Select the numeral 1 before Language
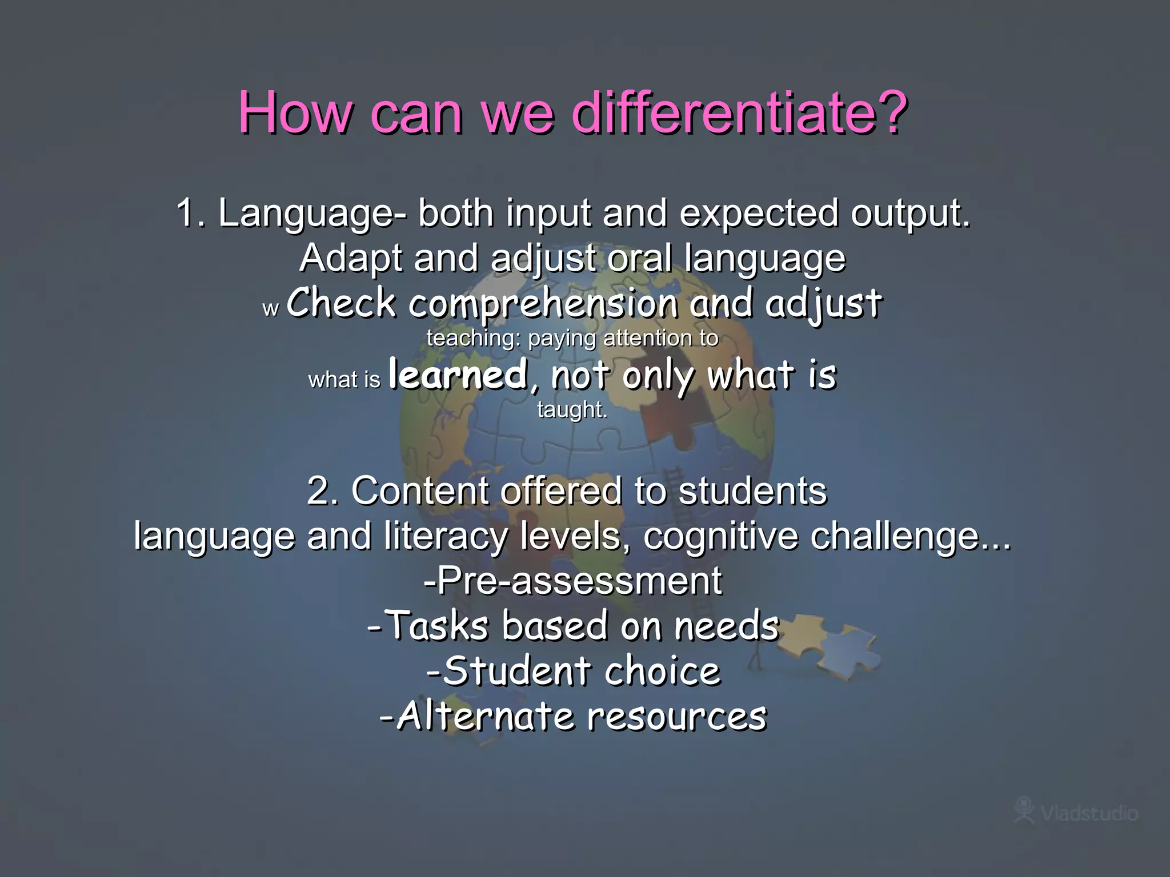pos(189,213)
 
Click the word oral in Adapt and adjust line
pos(640,258)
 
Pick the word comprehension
pos(543,304)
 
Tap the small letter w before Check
pos(270,309)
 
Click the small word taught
pos(572,410)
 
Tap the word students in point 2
pos(752,491)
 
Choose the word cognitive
pos(720,537)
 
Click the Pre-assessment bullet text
pos(573,581)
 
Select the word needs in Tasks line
pos(727,626)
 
